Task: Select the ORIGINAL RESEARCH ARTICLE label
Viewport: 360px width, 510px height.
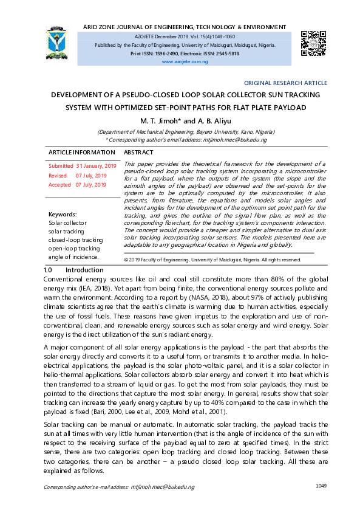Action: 285,83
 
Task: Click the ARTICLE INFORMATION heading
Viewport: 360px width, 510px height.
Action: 81,152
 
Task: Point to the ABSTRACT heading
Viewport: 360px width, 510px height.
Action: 138,152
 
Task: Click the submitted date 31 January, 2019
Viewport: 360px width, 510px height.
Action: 96,166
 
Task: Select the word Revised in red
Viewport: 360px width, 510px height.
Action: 58,175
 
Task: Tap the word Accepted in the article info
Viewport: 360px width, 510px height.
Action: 59,184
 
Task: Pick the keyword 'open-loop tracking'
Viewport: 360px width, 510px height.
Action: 74,248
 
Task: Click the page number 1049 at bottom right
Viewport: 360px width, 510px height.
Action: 322,486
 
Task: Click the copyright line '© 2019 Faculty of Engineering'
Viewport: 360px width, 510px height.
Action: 212,260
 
